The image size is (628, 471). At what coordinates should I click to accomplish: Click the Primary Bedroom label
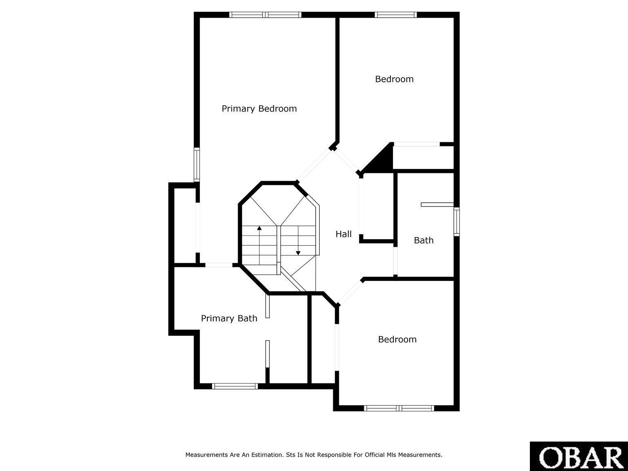tap(259, 109)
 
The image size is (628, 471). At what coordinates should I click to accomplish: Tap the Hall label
tap(343, 234)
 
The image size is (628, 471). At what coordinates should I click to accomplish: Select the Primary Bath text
tap(229, 318)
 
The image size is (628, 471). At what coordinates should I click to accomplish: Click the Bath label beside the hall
tap(424, 240)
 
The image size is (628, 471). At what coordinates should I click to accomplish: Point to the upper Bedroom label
tap(394, 79)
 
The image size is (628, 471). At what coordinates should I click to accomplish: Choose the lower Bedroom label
tap(397, 339)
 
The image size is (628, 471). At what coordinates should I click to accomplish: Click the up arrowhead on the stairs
tap(260, 228)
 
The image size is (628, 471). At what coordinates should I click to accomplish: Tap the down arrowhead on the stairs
tap(298, 253)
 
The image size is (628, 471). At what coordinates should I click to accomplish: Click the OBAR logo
tap(579, 456)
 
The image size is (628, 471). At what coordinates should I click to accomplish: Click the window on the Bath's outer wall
tap(457, 222)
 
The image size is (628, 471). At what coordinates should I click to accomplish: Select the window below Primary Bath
tap(235, 386)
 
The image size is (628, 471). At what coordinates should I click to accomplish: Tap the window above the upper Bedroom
tap(396, 15)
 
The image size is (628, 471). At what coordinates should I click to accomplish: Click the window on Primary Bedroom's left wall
tap(197, 165)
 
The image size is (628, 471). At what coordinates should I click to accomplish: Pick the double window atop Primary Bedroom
tap(265, 15)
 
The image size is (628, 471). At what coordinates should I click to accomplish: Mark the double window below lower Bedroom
tap(399, 408)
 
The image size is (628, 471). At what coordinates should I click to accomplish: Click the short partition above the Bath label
tap(437, 204)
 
